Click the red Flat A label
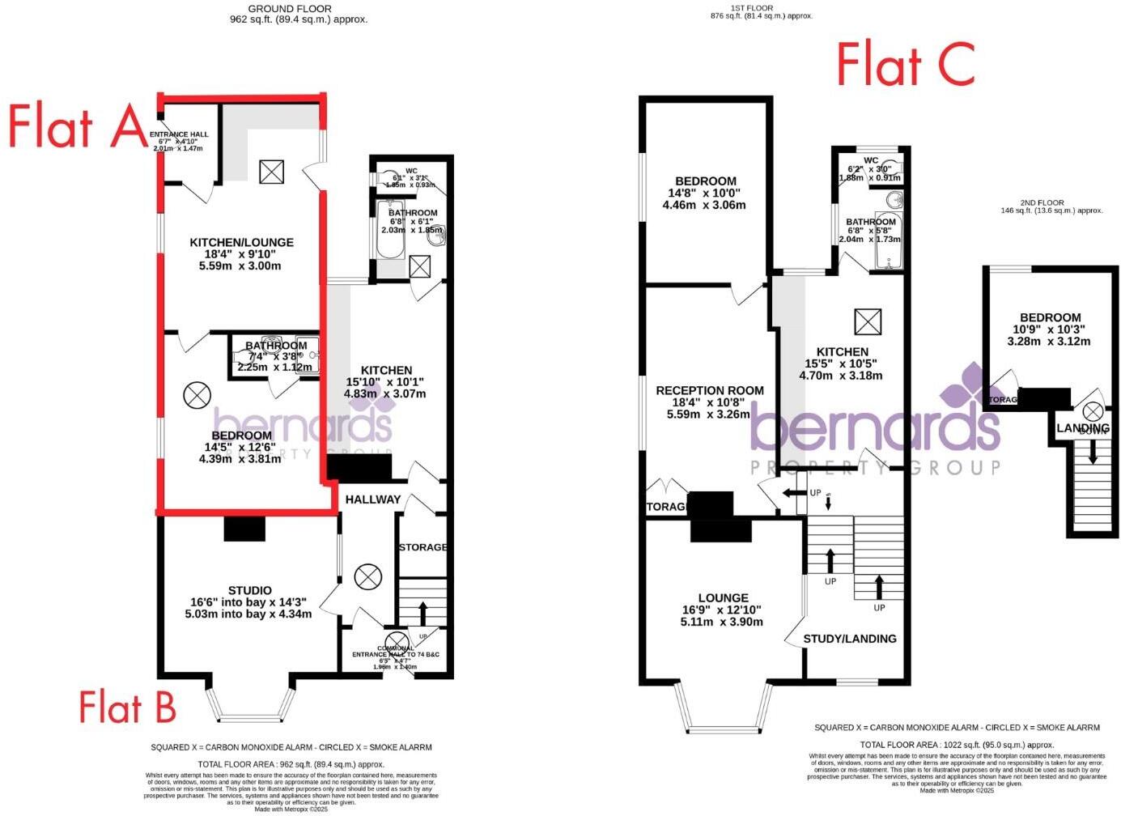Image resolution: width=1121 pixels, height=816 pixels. click(x=78, y=128)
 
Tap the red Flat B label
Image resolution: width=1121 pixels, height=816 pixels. click(x=127, y=708)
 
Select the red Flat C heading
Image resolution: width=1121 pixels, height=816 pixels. click(x=905, y=65)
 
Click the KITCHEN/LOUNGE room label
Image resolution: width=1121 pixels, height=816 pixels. click(x=241, y=242)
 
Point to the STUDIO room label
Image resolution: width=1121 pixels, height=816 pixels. click(x=249, y=590)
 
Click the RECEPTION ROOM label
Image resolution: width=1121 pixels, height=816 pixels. click(x=709, y=390)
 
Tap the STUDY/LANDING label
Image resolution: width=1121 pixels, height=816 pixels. click(x=849, y=639)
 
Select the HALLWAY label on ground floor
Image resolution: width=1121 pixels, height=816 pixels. click(x=372, y=499)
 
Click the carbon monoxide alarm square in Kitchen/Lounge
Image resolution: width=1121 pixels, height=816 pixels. click(x=272, y=171)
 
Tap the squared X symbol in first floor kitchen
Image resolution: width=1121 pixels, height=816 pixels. click(x=867, y=322)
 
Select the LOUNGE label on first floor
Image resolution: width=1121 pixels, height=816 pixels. click(x=723, y=597)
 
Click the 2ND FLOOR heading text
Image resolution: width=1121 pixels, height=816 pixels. click(x=1051, y=202)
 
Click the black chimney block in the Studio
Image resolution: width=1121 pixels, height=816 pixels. click(x=244, y=529)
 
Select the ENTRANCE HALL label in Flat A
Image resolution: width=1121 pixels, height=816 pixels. click(x=183, y=134)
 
